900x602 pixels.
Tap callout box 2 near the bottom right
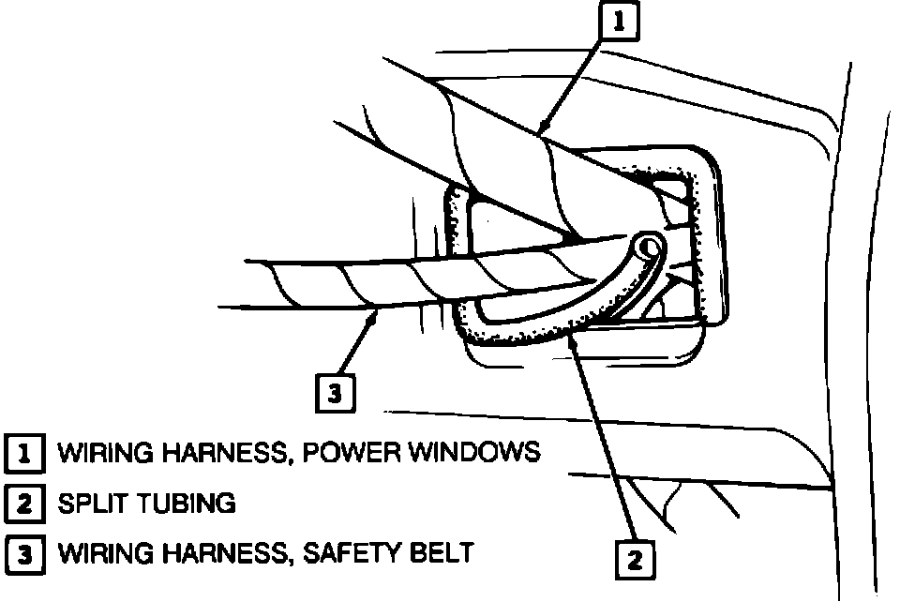[x=635, y=560]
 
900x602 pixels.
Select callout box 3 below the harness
[x=335, y=394]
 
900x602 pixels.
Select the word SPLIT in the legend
[x=90, y=504]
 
